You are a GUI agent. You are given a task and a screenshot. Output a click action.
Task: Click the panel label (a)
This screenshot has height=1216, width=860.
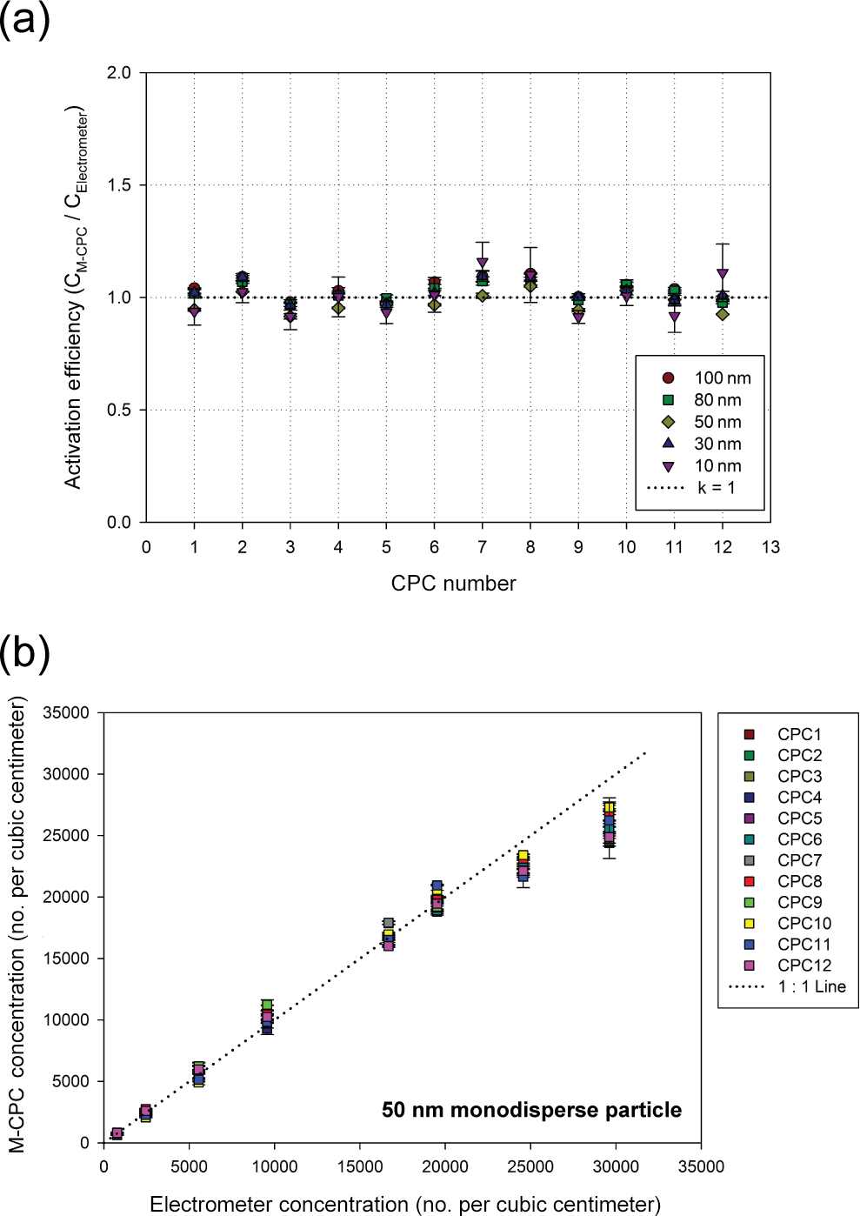(x=24, y=19)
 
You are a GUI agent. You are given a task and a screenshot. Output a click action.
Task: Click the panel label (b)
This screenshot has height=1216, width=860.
(x=24, y=652)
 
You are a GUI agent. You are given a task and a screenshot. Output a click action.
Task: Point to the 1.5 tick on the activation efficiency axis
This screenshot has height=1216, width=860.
(x=118, y=185)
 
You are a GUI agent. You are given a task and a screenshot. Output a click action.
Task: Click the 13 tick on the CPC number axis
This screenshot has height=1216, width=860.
(x=770, y=548)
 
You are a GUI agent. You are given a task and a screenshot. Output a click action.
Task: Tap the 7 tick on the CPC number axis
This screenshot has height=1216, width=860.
(x=483, y=548)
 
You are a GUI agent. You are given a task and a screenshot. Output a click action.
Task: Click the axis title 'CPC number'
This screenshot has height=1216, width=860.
(x=453, y=584)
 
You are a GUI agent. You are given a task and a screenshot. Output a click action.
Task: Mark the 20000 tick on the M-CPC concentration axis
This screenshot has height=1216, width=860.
(x=67, y=897)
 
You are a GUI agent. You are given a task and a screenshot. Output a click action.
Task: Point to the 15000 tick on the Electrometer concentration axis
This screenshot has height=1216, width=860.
(x=359, y=1166)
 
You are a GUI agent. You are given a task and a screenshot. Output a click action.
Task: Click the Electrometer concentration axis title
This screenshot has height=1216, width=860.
(x=405, y=1205)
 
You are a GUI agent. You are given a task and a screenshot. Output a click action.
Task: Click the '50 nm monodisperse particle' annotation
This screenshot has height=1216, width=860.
(x=531, y=1110)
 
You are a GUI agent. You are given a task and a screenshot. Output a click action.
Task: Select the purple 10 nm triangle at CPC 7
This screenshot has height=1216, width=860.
(x=483, y=263)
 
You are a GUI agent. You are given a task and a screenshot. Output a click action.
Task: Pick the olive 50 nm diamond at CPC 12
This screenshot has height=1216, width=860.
(x=723, y=314)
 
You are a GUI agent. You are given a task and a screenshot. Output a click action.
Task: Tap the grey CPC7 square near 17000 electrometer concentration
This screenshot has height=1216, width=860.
(x=389, y=924)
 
